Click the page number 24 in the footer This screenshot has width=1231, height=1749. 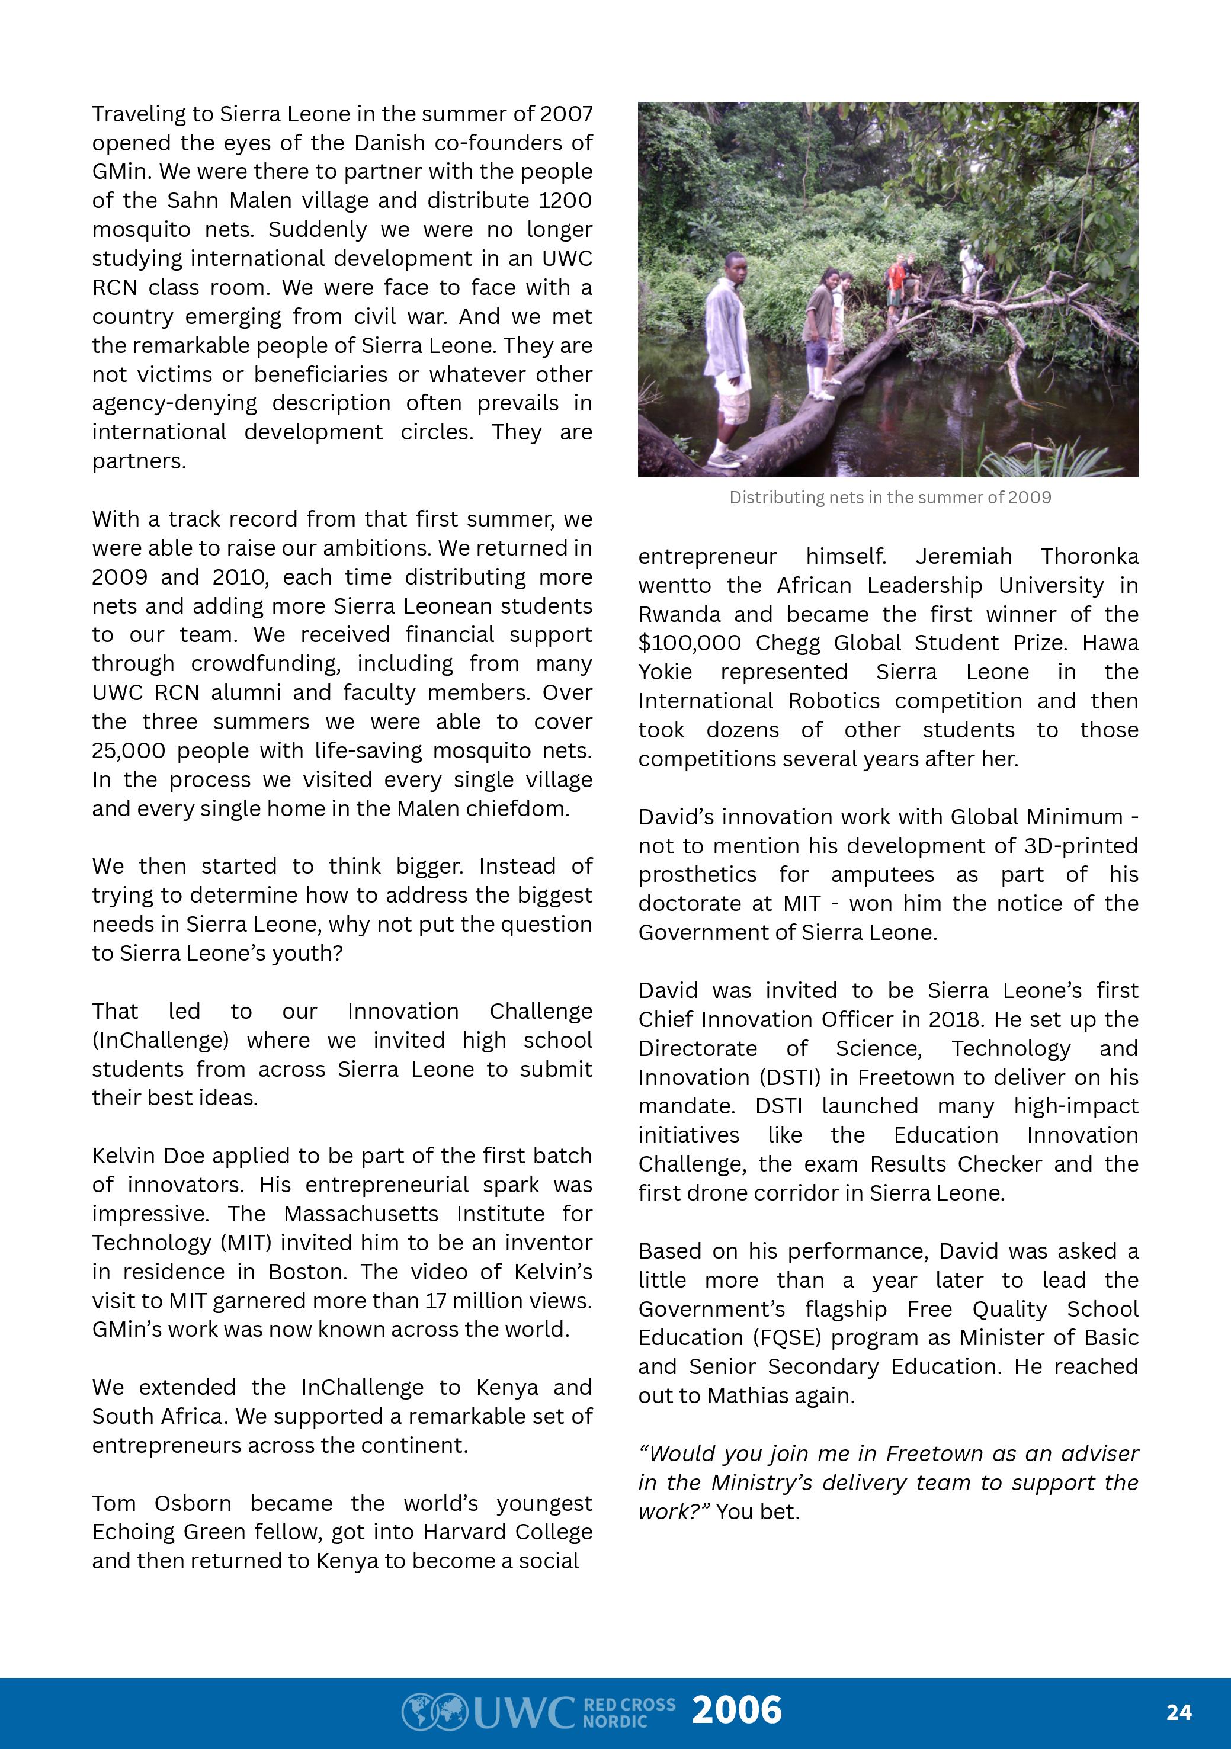point(1178,1712)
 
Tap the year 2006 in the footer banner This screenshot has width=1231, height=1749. point(736,1710)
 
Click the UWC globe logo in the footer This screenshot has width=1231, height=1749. point(434,1711)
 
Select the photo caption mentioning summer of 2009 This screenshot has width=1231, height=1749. point(890,498)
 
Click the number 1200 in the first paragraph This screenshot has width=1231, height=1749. point(565,200)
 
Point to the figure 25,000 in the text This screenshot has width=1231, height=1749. point(128,751)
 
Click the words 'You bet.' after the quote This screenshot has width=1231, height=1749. point(758,1511)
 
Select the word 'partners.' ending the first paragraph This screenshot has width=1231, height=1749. point(139,461)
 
